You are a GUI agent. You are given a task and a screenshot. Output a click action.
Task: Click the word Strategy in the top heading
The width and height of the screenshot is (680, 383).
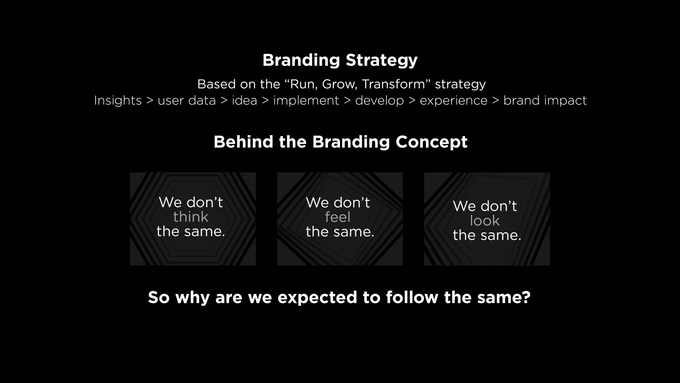382,61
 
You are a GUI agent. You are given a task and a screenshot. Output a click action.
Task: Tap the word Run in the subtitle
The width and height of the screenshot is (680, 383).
300,84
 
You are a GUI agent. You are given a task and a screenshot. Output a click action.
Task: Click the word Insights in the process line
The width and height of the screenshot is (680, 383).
118,101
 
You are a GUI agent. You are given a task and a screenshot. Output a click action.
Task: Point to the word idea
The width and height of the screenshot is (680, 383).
244,101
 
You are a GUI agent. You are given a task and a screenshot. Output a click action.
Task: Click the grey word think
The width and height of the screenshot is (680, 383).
191,217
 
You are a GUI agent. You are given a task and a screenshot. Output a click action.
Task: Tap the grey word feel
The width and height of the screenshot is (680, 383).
338,217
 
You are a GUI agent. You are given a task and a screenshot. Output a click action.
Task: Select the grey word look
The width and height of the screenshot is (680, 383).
485,221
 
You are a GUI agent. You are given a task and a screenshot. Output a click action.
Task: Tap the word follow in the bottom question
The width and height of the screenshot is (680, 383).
412,297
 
